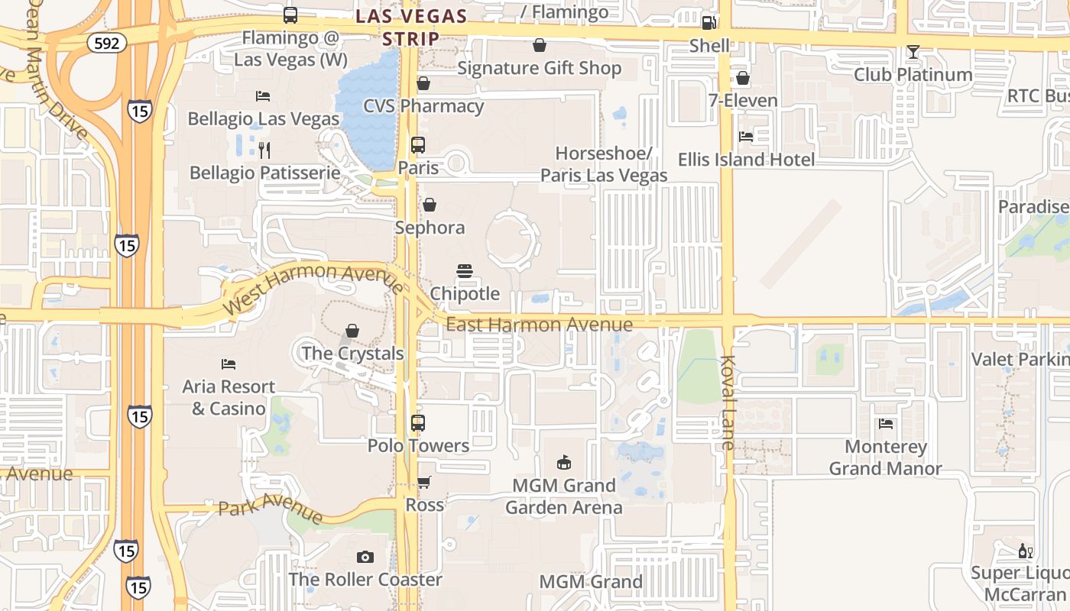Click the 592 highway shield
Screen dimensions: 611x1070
coord(106,43)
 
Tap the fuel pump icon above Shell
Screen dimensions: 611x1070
coord(708,23)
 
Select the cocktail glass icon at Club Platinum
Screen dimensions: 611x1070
coord(913,52)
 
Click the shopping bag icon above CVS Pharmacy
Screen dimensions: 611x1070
coord(423,83)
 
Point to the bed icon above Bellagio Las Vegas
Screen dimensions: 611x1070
coord(263,96)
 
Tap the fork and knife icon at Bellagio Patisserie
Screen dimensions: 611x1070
coord(264,150)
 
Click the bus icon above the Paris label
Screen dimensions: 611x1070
coord(418,145)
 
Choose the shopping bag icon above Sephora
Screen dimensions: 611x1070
coord(430,205)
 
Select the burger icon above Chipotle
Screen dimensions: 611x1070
coord(465,271)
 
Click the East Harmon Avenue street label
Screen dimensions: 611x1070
coord(539,325)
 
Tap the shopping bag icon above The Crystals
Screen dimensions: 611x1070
coord(352,331)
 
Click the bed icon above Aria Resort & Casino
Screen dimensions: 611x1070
coord(229,364)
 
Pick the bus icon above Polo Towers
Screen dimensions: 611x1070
coord(418,422)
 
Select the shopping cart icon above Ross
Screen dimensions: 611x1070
coord(424,482)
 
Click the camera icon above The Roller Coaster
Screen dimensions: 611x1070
coord(365,557)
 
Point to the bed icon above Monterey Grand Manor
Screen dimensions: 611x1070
coord(886,423)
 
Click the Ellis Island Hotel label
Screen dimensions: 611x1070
coord(746,160)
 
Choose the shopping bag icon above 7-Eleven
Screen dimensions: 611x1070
coord(742,78)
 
